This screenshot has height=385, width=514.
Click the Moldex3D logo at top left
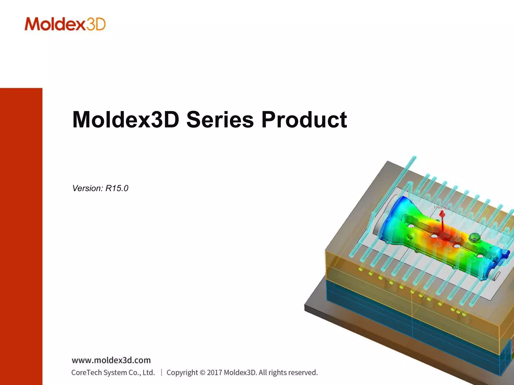(x=65, y=24)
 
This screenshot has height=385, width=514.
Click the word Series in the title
(x=220, y=120)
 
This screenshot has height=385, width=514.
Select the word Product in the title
(x=304, y=120)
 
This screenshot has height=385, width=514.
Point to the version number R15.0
(x=117, y=188)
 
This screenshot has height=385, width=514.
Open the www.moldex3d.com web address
(x=111, y=360)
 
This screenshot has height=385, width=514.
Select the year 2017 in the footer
(x=215, y=372)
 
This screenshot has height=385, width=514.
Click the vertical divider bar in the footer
(x=161, y=372)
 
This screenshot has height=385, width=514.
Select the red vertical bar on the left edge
(x=21, y=236)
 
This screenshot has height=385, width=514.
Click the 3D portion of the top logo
(x=96, y=24)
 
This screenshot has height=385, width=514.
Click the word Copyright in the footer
(x=182, y=372)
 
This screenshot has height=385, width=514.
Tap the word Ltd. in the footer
(x=149, y=372)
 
